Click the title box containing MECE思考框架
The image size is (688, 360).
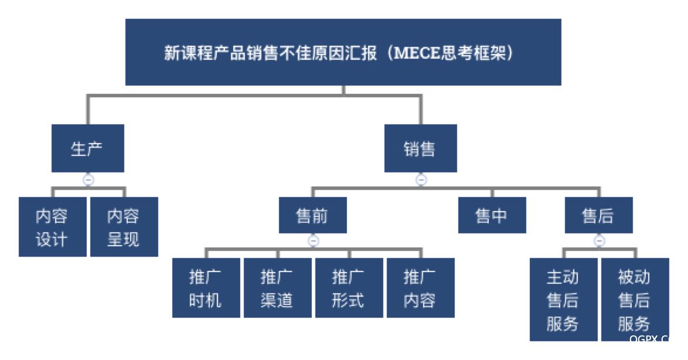point(343,52)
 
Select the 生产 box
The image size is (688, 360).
point(87,148)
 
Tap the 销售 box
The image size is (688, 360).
point(420,148)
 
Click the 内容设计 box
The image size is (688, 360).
point(52,227)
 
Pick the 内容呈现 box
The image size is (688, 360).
point(124,227)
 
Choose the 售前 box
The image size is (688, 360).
point(312,216)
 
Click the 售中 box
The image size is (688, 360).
point(492,216)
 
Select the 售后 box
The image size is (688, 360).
point(598,216)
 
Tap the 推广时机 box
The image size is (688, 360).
point(206,288)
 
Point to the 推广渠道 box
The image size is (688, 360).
point(277,288)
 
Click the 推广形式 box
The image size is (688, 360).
point(349,288)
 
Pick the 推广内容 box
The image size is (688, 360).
point(420,288)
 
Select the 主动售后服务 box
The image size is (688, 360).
point(563,300)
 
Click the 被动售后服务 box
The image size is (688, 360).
point(635,300)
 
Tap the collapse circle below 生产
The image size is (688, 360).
point(88,180)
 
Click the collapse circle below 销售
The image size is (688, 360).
point(421,180)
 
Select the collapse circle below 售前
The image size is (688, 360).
point(314,240)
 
